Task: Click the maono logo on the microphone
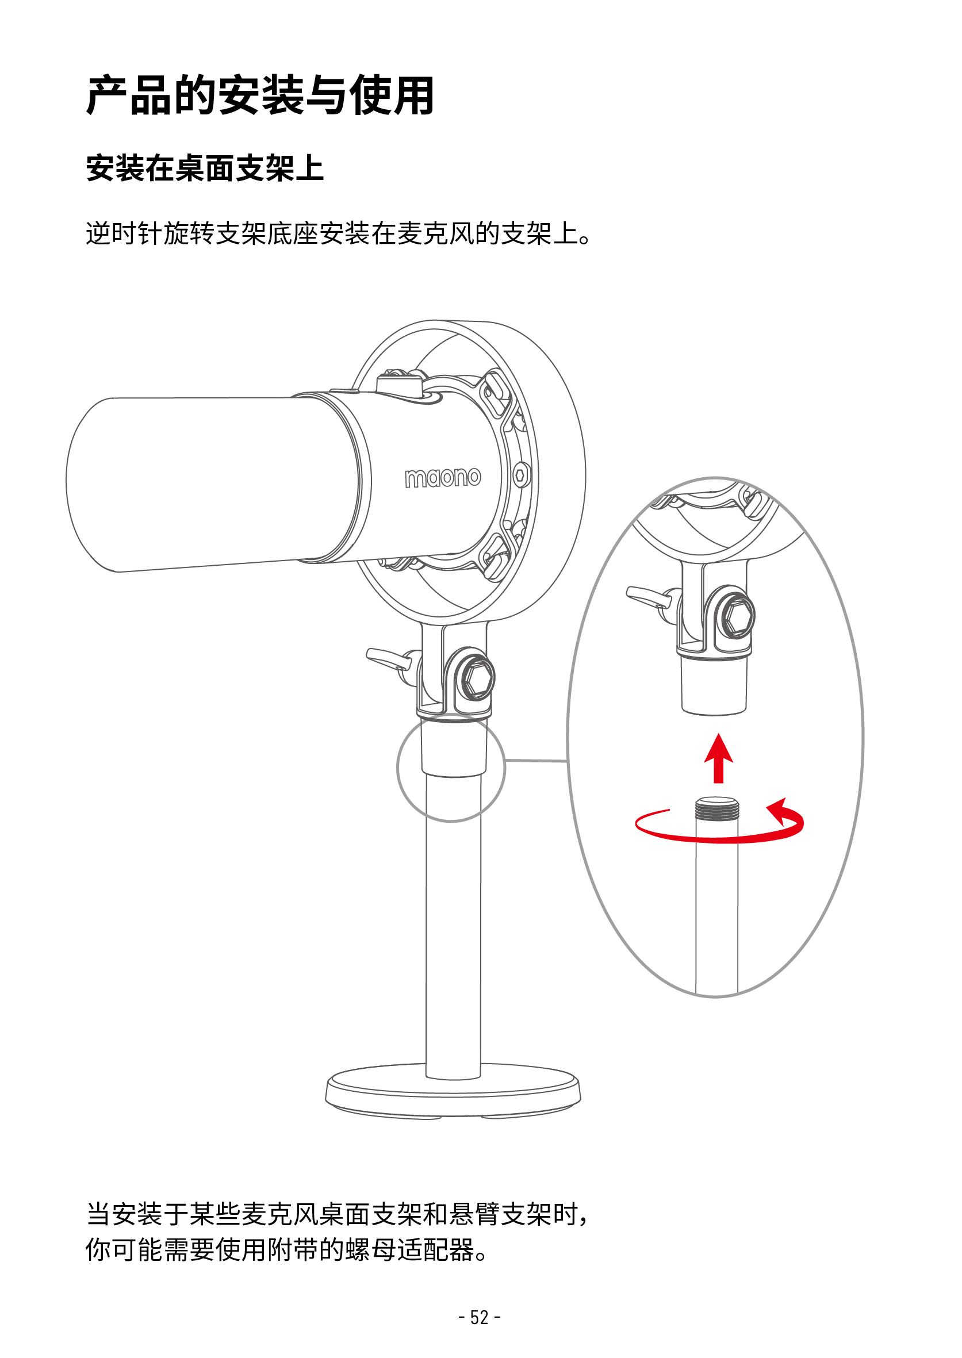tap(443, 477)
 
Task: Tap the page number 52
tap(479, 1318)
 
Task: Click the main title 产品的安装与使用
tap(260, 95)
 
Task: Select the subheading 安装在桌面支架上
tap(205, 168)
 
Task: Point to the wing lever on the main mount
tap(388, 658)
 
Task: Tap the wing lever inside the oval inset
tap(649, 596)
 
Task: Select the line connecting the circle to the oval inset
tap(536, 761)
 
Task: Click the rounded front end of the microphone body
tap(89, 485)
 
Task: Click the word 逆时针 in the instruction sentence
tap(124, 233)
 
